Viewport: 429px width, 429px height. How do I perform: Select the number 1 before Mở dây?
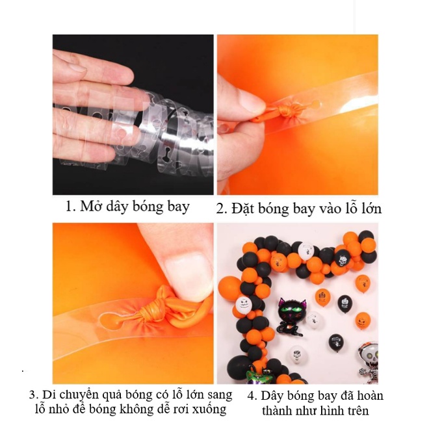pos(68,207)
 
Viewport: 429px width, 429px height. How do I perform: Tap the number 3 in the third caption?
pos(32,395)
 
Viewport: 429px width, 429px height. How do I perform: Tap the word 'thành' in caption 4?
pos(278,411)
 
